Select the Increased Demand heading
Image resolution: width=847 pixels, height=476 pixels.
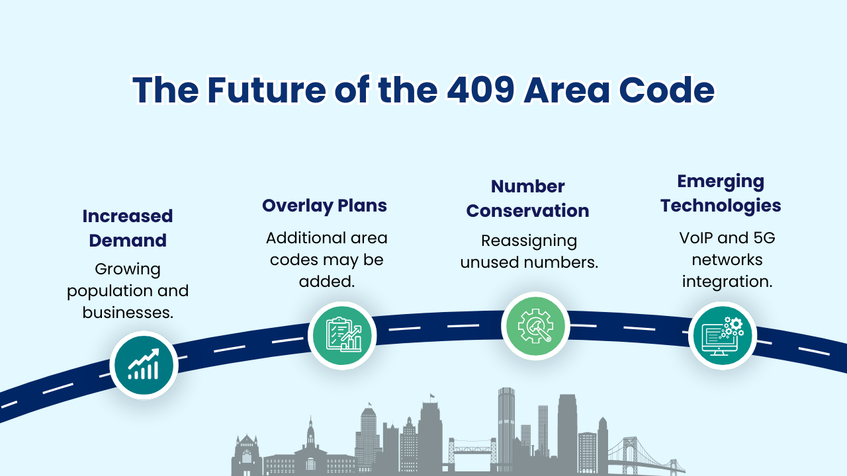[128, 228]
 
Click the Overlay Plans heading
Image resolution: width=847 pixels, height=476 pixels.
[324, 206]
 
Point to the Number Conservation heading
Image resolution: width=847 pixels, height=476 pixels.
[527, 198]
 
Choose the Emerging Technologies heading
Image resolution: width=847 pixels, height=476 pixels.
[721, 193]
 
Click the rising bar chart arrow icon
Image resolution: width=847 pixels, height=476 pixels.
[144, 365]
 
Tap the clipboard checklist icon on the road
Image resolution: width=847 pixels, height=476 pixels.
[342, 335]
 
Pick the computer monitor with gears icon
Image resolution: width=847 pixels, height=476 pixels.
[723, 335]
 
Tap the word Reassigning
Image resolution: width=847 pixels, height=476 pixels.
[529, 241]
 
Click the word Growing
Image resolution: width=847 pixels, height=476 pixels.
[128, 270]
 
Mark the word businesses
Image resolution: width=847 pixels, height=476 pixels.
[128, 312]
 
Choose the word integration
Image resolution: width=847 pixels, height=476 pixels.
[727, 281]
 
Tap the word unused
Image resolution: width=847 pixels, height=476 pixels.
[491, 262]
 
